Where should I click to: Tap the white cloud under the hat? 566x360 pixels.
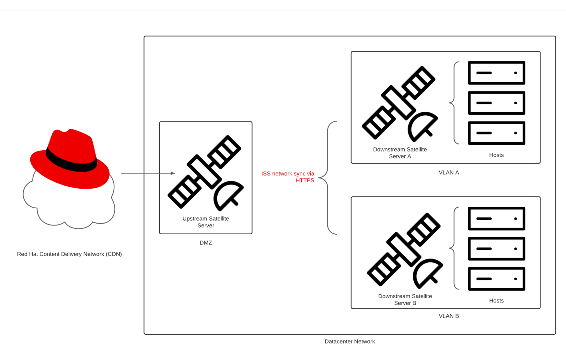coord(71,207)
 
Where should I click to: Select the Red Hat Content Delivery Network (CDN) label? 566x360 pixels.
coord(69,254)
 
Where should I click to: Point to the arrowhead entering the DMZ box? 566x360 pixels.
coord(173,173)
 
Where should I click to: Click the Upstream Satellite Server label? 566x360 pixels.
coord(206,222)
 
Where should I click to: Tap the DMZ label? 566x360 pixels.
coord(206,243)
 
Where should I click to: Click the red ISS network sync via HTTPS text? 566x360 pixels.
coord(288,177)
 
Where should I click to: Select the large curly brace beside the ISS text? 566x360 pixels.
coord(328,178)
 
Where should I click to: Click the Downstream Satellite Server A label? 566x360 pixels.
coord(400,153)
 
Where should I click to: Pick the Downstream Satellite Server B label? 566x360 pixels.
coord(405,299)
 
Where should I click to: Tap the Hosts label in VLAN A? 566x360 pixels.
coord(496,155)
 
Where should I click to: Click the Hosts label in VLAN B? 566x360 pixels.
coord(496,301)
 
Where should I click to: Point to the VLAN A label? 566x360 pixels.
coord(449,173)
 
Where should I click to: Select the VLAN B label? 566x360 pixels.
coord(449,316)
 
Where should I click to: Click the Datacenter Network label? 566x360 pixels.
coord(350,342)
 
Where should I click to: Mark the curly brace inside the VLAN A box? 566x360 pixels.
coord(454,103)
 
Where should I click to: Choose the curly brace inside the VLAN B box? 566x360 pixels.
coord(454,248)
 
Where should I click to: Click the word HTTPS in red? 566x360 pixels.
coord(305,181)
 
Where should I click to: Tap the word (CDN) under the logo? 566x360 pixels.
coord(114,254)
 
